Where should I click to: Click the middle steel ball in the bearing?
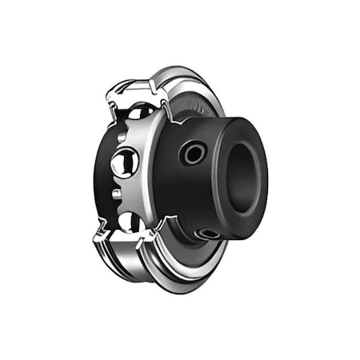point(124,164)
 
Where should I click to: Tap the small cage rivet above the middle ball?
point(120,138)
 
